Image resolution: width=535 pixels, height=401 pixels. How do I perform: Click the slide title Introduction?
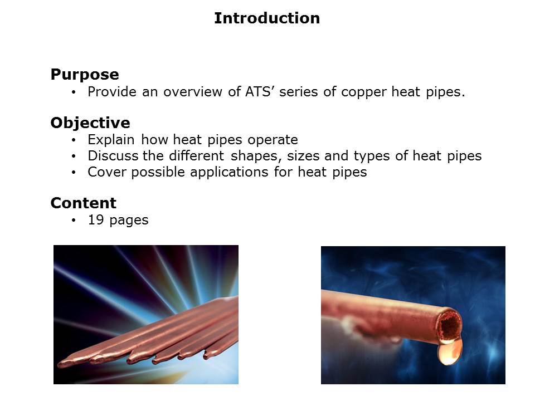coord(267,18)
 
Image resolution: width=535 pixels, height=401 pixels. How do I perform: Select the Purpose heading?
coord(85,75)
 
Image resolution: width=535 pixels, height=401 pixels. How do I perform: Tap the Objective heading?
coord(90,123)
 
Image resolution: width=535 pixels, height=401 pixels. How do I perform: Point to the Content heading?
coord(83,203)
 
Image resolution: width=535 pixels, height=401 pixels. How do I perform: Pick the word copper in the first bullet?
coord(364,92)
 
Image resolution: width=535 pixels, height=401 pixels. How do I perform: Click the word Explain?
coord(111,140)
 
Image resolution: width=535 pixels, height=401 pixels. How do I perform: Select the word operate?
coord(273,140)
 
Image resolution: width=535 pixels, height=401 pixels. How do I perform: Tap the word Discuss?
coord(113,156)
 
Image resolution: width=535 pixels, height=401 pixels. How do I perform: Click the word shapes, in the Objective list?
coord(256,156)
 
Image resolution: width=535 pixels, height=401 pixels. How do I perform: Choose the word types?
coord(372,156)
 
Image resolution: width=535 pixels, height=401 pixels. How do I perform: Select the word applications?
coord(229,172)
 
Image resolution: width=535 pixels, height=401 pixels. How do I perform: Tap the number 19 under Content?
coord(96,219)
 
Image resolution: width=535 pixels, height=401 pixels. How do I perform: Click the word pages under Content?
coord(129,221)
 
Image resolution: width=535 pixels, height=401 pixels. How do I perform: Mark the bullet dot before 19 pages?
coord(74,221)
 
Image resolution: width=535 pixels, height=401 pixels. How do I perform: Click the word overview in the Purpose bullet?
coord(193,92)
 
